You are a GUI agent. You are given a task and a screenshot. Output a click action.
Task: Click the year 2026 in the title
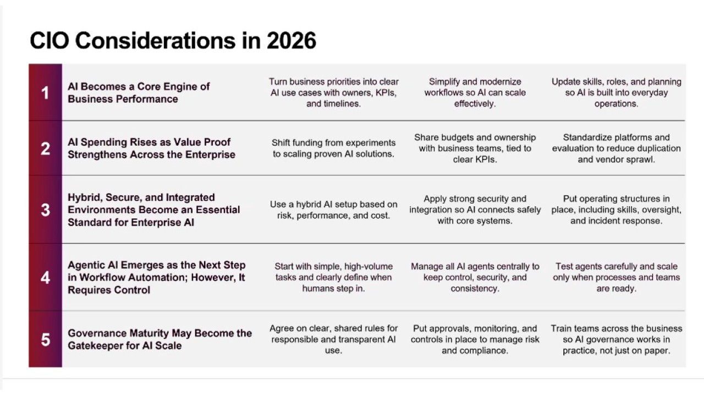[291, 41]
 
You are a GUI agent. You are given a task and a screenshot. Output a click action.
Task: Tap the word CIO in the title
[50, 41]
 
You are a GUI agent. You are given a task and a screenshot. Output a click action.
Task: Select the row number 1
[45, 93]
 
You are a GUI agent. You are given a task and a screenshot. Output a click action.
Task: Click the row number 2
[45, 148]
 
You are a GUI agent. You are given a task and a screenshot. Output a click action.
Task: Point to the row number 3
[45, 210]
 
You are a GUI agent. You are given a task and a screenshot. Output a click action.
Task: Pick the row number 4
[45, 278]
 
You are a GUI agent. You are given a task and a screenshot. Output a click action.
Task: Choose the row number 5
[45, 339]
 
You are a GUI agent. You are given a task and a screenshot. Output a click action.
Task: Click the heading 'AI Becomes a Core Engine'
[139, 93]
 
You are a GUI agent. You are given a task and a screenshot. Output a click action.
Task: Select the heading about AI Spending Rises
[151, 148]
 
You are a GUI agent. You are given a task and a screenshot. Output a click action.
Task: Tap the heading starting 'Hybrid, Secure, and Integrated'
[153, 210]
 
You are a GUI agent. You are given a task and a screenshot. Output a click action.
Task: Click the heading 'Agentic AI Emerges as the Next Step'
[157, 278]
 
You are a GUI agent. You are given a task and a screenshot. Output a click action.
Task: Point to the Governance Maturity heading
[159, 339]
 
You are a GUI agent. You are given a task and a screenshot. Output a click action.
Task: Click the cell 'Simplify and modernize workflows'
[475, 93]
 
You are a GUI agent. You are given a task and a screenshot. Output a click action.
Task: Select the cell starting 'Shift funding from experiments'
[333, 148]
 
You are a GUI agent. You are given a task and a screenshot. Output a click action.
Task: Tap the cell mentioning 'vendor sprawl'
[617, 148]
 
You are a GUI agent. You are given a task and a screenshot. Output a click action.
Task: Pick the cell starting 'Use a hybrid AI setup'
[333, 210]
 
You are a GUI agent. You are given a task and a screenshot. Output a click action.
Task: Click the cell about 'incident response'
[617, 210]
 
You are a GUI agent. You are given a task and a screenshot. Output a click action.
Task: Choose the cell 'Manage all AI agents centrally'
[475, 278]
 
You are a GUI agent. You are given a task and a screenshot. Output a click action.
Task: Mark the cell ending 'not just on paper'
[617, 339]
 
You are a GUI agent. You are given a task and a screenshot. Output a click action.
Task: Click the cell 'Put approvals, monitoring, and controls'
[475, 339]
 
